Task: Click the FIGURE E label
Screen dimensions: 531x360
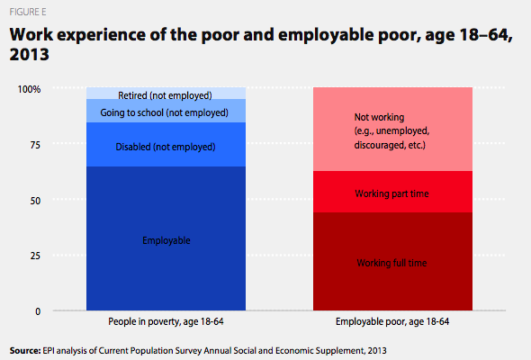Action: click(28, 13)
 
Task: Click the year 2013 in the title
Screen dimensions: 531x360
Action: click(30, 55)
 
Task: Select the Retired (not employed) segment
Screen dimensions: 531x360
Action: click(166, 93)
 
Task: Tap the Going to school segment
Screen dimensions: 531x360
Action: click(166, 111)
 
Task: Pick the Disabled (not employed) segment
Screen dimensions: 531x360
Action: click(166, 145)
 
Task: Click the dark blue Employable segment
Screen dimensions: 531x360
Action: click(166, 238)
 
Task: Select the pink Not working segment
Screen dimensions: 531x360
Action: click(392, 129)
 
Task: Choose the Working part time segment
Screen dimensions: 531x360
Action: click(392, 192)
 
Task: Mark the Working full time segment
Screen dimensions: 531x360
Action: click(392, 261)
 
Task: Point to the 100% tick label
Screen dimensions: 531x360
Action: click(29, 89)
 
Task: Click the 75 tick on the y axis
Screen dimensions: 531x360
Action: click(35, 145)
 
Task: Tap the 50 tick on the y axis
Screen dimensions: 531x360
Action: click(35, 201)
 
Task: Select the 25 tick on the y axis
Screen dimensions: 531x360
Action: click(35, 256)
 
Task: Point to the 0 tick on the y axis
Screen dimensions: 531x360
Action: click(38, 311)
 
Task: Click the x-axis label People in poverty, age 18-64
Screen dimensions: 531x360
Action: click(166, 321)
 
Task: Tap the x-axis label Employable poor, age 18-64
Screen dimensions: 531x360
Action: click(392, 321)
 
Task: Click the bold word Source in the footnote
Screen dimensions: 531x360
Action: click(24, 350)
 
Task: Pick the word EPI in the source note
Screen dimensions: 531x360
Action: click(48, 350)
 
